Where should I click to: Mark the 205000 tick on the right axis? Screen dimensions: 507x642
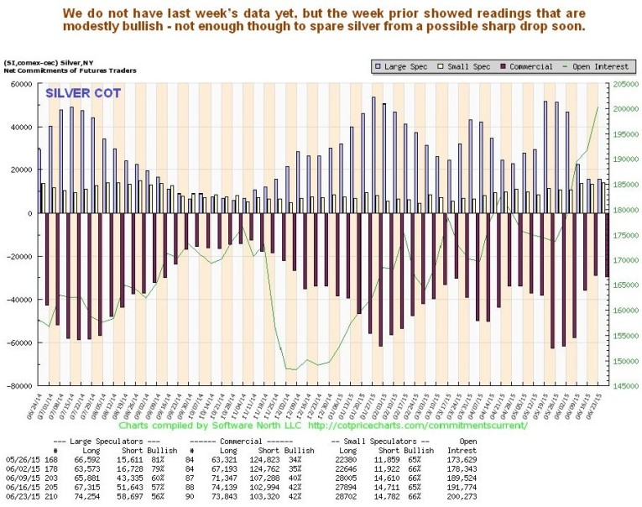625,83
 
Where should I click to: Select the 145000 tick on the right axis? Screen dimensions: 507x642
625,386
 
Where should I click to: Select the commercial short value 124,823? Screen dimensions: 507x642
266,459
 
